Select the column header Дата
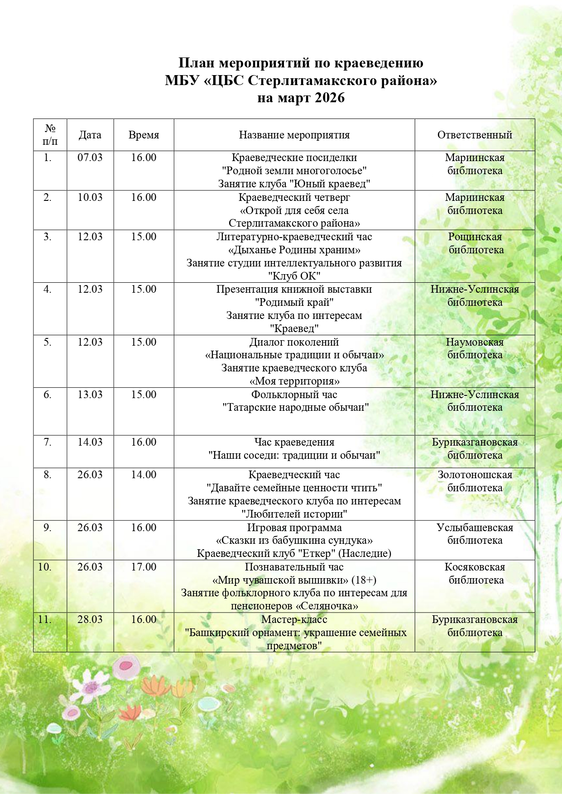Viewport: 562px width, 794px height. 90,135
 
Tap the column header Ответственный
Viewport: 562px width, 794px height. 475,135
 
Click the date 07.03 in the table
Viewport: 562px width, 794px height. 90,157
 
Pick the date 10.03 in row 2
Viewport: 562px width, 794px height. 90,197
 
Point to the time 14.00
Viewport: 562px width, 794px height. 144,475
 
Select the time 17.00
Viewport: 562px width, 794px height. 144,567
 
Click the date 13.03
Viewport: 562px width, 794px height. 90,395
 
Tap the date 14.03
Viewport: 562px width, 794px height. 90,442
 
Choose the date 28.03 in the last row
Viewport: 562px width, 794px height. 90,619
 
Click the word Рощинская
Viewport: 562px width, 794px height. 475,237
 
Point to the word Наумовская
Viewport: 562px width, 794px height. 475,342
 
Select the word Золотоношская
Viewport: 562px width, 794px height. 475,475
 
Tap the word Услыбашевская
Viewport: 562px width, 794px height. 475,528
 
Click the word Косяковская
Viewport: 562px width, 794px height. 475,567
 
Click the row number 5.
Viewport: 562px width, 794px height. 48,342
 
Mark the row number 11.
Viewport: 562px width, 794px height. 44,619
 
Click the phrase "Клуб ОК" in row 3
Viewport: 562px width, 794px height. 294,276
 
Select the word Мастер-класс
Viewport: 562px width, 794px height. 294,619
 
